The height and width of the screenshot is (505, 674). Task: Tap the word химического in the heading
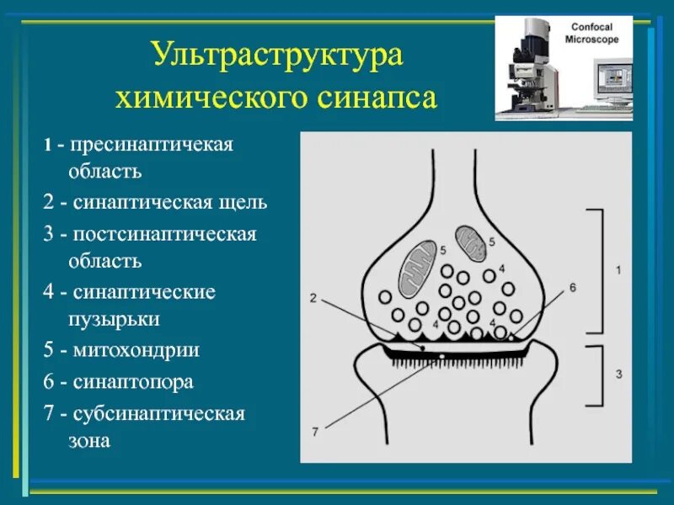[214, 98]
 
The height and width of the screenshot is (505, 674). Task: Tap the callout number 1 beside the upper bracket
[618, 270]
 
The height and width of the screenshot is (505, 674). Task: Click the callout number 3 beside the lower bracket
[618, 373]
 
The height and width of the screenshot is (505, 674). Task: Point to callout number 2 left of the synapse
[313, 297]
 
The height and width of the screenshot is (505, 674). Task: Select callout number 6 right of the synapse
[572, 288]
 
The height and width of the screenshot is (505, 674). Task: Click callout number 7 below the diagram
[314, 432]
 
